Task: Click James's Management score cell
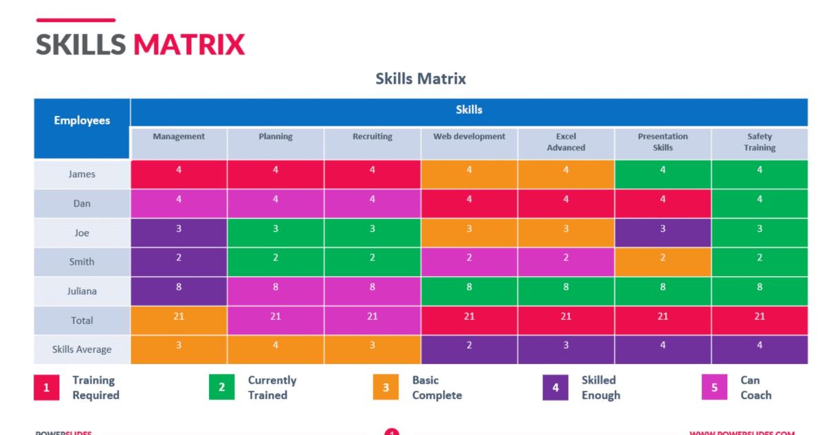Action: coord(179,174)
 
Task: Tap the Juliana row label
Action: coord(82,291)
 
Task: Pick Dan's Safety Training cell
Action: coord(759,204)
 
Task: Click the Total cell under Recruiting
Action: coord(373,320)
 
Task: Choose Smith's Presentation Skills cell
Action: coord(662,262)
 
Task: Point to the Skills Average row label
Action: coord(82,349)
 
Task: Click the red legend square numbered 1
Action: coord(46,387)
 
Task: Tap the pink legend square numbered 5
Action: coord(714,387)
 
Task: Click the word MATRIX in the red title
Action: coord(189,45)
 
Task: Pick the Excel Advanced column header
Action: coord(566,142)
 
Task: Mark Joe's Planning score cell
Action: coord(275,233)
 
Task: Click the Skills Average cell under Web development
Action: coord(469,349)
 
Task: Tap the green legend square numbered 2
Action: coord(221,387)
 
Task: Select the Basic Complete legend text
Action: coord(437,388)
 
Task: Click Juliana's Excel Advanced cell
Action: coord(566,291)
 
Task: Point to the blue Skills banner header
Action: coord(469,110)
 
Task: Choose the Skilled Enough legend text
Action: coord(600,388)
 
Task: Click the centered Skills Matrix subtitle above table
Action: coord(420,79)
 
